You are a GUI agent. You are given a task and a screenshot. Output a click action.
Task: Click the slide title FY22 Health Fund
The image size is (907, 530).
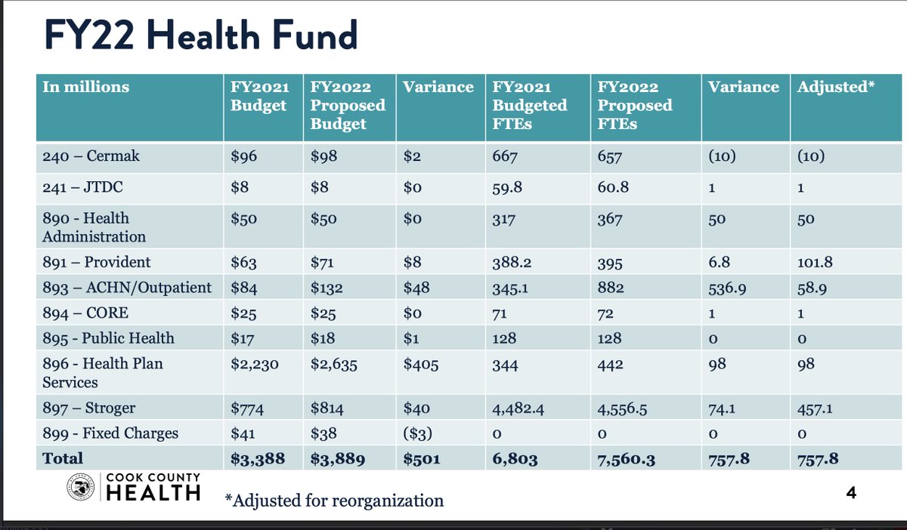[x=200, y=35]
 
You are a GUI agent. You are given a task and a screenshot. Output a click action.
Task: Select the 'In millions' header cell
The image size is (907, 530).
[x=85, y=87]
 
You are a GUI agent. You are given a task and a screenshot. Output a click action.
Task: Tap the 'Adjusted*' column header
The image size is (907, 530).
[x=836, y=87]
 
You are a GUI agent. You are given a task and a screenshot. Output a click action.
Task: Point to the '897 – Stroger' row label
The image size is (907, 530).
[x=89, y=408]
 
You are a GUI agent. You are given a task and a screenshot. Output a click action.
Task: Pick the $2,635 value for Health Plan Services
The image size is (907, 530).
[x=333, y=364]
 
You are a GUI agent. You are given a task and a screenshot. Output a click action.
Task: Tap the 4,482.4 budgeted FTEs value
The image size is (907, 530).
[x=520, y=408]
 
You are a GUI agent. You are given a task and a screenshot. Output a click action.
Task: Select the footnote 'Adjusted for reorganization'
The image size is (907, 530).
[x=334, y=500]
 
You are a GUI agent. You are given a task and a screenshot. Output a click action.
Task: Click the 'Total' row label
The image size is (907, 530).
[x=63, y=458]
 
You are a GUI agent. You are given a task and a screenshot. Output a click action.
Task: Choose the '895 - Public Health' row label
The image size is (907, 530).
[x=108, y=337]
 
